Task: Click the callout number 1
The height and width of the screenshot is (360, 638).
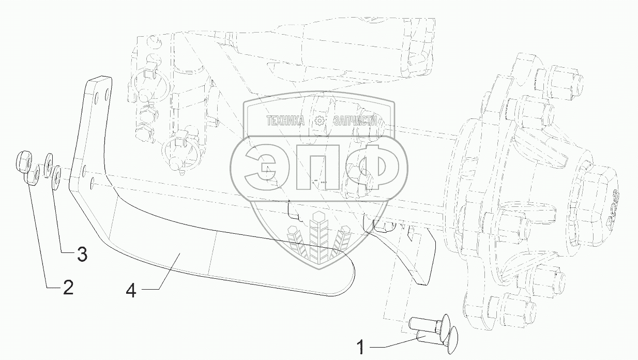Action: (x=361, y=347)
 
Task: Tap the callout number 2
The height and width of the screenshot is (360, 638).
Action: (x=68, y=287)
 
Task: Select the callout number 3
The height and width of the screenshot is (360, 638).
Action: (x=82, y=254)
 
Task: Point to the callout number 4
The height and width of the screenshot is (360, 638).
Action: (x=131, y=291)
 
